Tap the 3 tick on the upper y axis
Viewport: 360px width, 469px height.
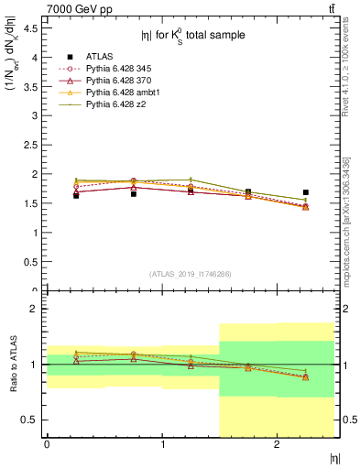[x=34, y=115]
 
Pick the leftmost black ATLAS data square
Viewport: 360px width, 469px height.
[x=76, y=195]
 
